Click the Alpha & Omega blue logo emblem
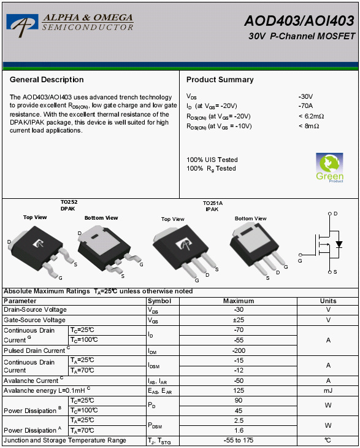pos(22,25)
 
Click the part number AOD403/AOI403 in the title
pos(299,21)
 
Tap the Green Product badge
pos(329,168)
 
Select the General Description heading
pos(47,79)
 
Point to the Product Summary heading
pos(220,79)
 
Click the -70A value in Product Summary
pos(305,106)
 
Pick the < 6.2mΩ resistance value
pos(311,116)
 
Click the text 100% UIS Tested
pos(212,160)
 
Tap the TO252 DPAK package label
pos(69,205)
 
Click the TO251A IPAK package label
pos(212,206)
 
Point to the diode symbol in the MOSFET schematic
pos(339,244)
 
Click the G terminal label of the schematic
pos(300,261)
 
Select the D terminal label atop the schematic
pos(335,214)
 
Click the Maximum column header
pos(239,301)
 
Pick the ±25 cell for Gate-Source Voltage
pos(239,320)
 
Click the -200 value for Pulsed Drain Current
pos(239,350)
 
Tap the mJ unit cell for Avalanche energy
pos(328,390)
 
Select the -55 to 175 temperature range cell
pos(239,440)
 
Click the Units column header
pos(328,301)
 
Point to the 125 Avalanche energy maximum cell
pos(239,390)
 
